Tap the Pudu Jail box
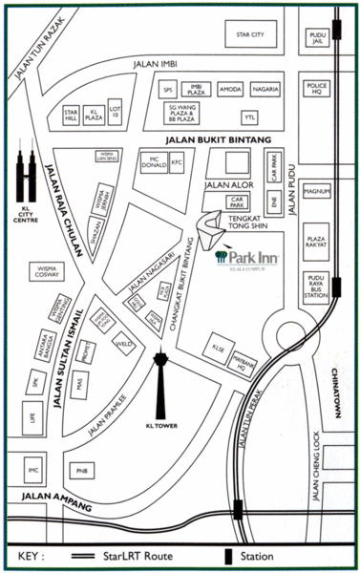(x=317, y=38)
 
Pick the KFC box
(x=177, y=163)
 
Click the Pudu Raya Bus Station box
(x=317, y=286)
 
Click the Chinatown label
(x=338, y=392)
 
